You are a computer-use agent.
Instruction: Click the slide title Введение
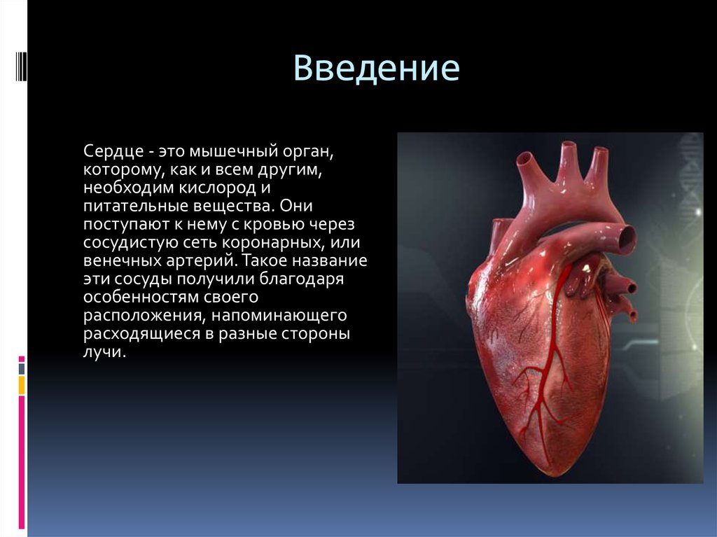coord(376,69)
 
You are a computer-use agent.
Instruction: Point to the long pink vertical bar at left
coord(22,462)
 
